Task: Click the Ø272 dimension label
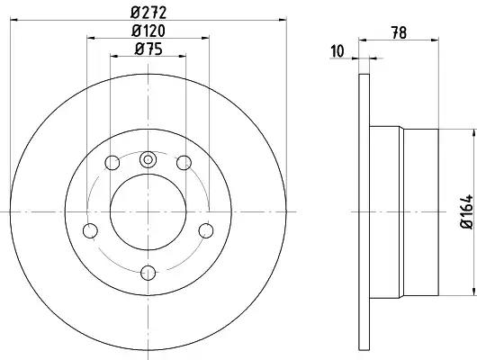pyautogui.click(x=148, y=13)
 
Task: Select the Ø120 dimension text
pyautogui.click(x=148, y=31)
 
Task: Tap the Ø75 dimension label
pyautogui.click(x=148, y=49)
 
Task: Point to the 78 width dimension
pyautogui.click(x=399, y=33)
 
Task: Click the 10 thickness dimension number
pyautogui.click(x=337, y=51)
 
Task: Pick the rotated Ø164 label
pyautogui.click(x=467, y=211)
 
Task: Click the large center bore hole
pyautogui.click(x=148, y=212)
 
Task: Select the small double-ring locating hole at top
pyautogui.click(x=148, y=159)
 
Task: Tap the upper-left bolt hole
pyautogui.click(x=112, y=163)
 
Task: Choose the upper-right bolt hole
pyautogui.click(x=184, y=163)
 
